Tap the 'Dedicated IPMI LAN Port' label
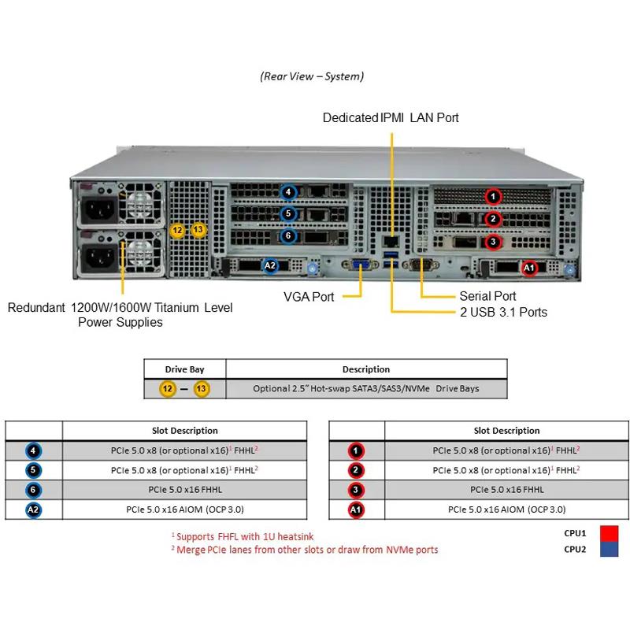point(391,118)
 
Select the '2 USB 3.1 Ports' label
point(503,312)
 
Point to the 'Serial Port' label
point(487,296)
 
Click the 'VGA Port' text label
point(309,297)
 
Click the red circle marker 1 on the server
point(493,196)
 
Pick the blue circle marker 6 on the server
point(289,235)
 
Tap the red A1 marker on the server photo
point(529,268)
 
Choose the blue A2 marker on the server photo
point(270,265)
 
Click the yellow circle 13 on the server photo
point(198,230)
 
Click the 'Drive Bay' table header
point(185,369)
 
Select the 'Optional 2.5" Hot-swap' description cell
point(365,388)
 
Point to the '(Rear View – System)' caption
point(312,76)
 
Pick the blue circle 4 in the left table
point(34,451)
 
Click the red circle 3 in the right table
point(357,490)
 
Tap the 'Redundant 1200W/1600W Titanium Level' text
point(120,307)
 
